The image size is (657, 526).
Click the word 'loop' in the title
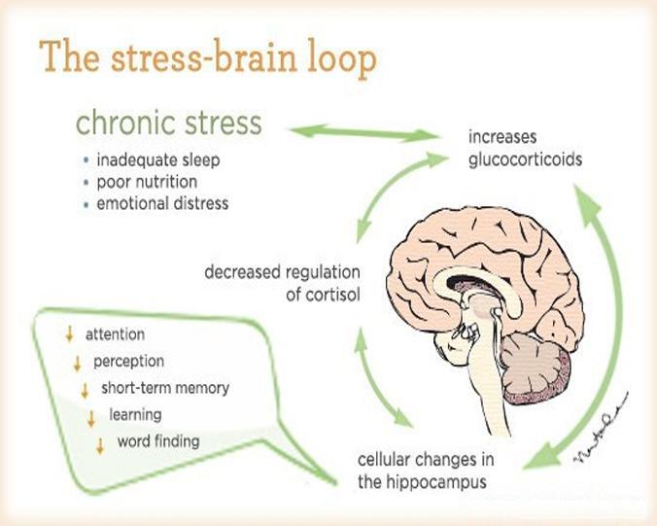[342, 58]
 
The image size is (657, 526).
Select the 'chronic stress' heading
[169, 123]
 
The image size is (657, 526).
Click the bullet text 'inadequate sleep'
[158, 160]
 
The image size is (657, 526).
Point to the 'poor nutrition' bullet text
[147, 182]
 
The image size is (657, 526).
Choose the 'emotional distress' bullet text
[162, 203]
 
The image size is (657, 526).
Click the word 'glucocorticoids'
[526, 159]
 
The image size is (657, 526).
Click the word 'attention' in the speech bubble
[116, 334]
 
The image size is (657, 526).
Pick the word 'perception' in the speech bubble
[128, 362]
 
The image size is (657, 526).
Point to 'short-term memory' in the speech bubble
[165, 388]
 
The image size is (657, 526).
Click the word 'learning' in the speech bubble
[135, 415]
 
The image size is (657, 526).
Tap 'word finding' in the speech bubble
[158, 440]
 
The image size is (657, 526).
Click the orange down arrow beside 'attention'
[70, 333]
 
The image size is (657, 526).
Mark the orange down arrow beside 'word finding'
[100, 445]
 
